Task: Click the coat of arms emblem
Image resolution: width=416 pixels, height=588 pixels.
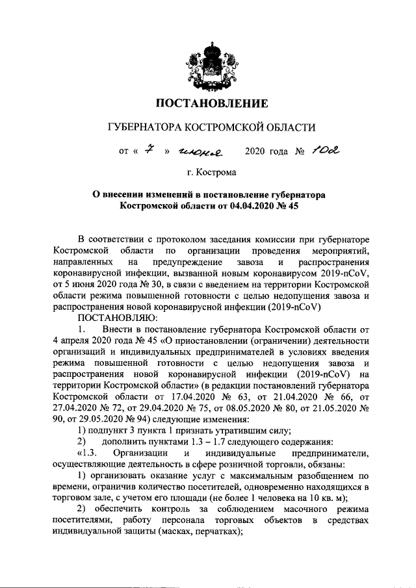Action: click(x=209, y=64)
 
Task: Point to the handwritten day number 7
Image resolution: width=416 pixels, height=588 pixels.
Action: click(x=149, y=151)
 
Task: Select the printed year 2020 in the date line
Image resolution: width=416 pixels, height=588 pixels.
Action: click(x=255, y=152)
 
